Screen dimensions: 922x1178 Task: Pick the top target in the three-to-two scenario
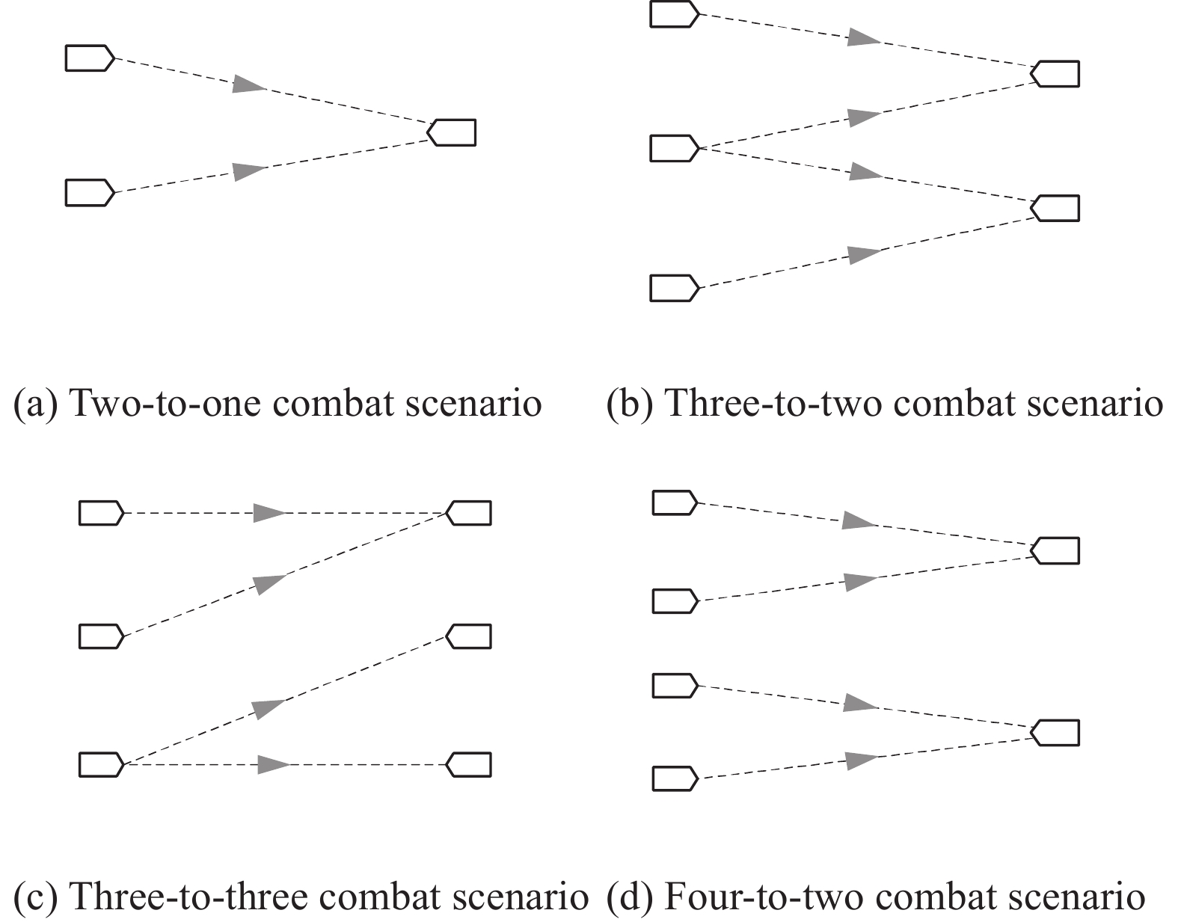tap(1055, 73)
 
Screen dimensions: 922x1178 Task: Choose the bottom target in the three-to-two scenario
tap(1055, 208)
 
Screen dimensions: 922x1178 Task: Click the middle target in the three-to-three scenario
tap(469, 636)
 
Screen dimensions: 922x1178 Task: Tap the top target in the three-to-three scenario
tap(469, 513)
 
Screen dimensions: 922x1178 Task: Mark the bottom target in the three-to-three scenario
tap(469, 765)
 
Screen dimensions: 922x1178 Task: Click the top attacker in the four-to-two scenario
tap(675, 503)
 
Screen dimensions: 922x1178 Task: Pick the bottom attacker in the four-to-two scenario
tap(675, 778)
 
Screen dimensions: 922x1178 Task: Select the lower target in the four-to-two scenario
tap(1055, 733)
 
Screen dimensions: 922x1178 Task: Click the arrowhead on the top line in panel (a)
tap(249, 84)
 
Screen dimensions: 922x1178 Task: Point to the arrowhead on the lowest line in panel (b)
tap(865, 254)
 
